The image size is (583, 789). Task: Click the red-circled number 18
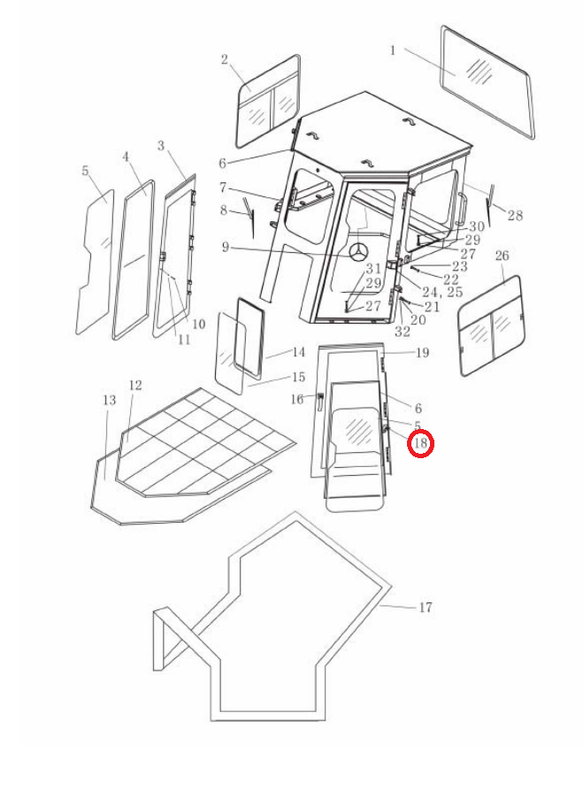(420, 443)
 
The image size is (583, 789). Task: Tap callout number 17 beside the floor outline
(426, 608)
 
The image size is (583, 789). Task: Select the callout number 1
(393, 50)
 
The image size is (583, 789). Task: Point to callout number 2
(225, 59)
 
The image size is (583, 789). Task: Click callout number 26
(502, 256)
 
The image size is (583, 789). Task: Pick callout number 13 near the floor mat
(109, 400)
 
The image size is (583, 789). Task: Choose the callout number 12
(135, 385)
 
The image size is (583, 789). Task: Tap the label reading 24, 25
(442, 292)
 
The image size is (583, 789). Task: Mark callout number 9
(226, 247)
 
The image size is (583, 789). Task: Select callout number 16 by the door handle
(297, 399)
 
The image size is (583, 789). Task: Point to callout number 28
(515, 215)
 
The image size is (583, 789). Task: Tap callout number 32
(403, 332)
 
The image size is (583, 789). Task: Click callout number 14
(298, 352)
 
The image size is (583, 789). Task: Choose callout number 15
(298, 377)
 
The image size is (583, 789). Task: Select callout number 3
(161, 145)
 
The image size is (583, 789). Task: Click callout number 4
(126, 157)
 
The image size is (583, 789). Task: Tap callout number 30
(477, 226)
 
